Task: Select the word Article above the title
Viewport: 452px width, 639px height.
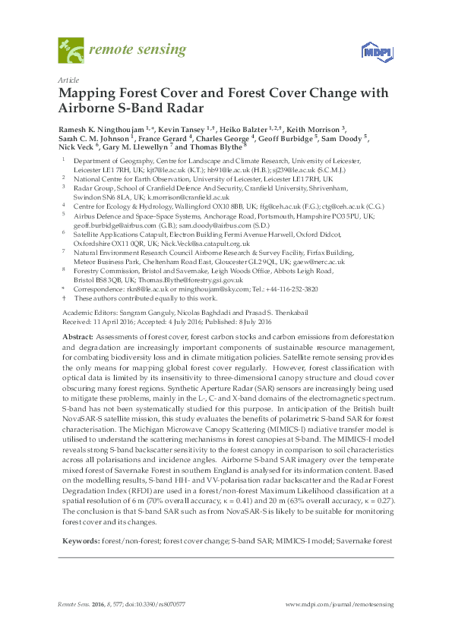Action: click(68, 80)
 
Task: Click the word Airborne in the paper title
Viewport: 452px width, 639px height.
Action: click(89, 107)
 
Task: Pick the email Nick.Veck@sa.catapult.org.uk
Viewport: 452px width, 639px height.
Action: click(172, 243)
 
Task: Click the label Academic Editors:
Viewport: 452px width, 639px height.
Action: click(85, 312)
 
